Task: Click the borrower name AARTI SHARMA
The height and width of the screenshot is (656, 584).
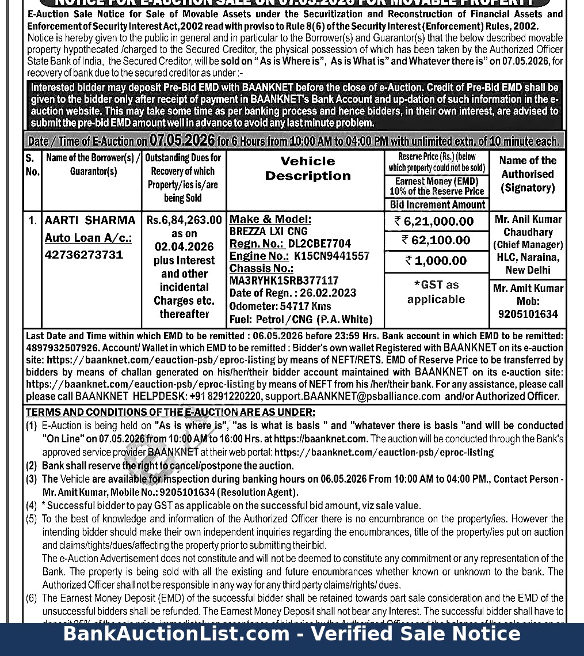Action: point(90,221)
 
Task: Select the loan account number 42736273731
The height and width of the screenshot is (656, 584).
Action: point(84,255)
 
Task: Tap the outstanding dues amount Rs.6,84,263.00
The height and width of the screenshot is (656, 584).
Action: point(184,220)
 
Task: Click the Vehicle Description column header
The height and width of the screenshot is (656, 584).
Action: point(308,168)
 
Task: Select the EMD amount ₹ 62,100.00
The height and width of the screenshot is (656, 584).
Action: point(436,240)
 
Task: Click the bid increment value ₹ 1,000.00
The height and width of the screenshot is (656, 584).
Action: point(436,261)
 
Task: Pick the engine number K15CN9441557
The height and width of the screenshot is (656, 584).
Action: point(331,256)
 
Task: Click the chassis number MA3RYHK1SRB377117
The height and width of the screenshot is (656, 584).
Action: point(284,280)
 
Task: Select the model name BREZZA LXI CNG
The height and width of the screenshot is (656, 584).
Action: point(269,232)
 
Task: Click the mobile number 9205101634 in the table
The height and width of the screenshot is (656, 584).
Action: point(528,314)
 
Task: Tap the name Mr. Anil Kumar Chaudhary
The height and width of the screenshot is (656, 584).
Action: point(528,226)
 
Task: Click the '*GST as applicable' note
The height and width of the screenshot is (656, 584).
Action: point(436,292)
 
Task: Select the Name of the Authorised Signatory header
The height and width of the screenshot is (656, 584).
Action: point(528,174)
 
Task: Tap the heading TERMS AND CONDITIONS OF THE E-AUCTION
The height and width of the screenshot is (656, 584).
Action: point(170,412)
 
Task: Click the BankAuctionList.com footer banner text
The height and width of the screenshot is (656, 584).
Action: point(292,634)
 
